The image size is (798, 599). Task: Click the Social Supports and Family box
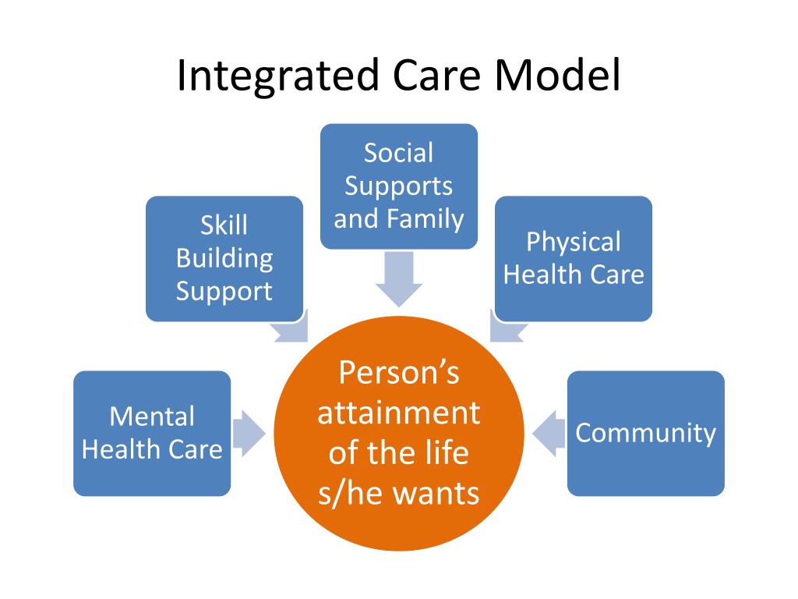(x=399, y=186)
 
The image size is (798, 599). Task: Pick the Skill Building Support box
(x=224, y=258)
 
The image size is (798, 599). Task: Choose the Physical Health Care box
(x=574, y=258)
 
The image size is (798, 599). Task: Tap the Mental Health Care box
(x=152, y=433)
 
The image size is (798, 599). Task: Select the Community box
(x=645, y=433)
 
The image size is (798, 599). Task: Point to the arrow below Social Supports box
(x=399, y=281)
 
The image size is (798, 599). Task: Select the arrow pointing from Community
(x=549, y=433)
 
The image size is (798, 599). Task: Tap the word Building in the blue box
(x=224, y=258)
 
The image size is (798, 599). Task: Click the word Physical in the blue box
(x=574, y=242)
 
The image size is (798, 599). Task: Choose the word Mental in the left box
(x=152, y=416)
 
